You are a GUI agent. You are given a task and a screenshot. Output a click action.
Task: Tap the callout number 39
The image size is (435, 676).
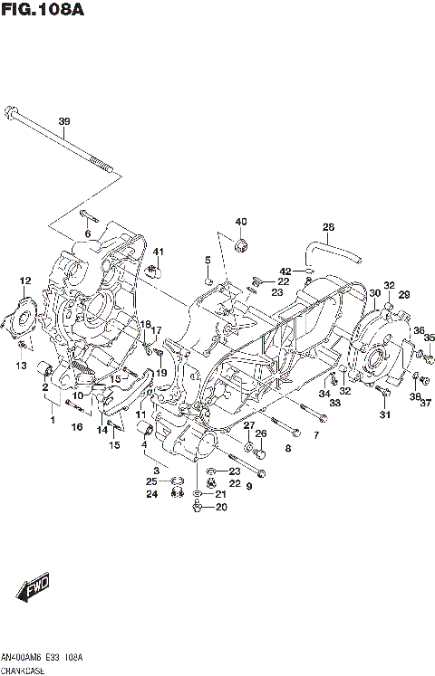tap(63, 121)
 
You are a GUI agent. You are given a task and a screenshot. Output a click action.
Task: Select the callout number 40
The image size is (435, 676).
tap(240, 222)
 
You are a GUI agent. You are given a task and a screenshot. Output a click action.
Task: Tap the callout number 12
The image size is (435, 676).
tap(25, 281)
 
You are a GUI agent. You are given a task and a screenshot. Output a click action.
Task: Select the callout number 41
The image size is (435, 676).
tap(157, 252)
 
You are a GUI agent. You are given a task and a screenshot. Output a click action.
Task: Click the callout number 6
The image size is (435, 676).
tap(88, 234)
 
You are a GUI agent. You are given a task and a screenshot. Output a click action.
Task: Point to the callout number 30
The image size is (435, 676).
tap(374, 292)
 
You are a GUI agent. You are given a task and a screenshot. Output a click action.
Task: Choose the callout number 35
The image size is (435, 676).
tap(430, 338)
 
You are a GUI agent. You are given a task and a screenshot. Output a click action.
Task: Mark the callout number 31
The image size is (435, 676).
tap(384, 414)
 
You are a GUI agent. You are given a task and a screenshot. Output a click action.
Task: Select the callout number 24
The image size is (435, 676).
tap(153, 494)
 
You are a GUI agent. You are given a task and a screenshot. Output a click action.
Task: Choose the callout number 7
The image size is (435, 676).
tap(315, 436)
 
